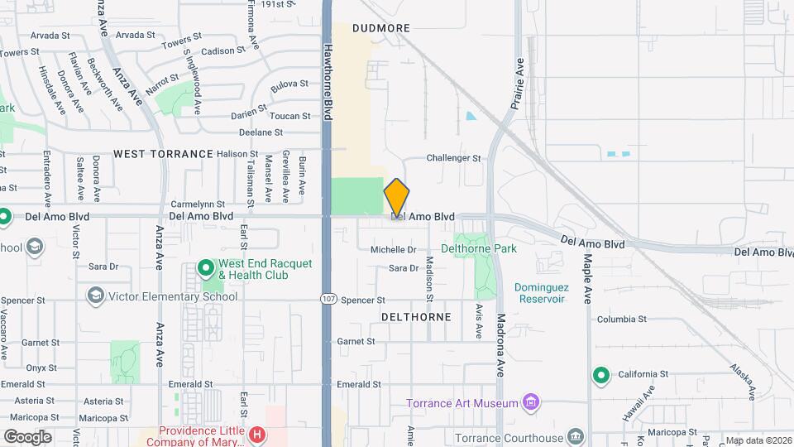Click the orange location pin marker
(397, 198)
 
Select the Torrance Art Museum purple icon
(533, 404)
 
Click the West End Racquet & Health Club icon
(205, 269)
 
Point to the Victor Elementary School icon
(95, 296)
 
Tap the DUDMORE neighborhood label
(380, 28)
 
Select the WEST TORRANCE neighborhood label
(163, 154)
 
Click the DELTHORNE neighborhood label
(416, 317)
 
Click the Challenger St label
(453, 158)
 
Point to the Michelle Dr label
(393, 249)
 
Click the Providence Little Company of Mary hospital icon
(258, 434)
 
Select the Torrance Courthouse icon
(576, 437)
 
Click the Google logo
(27, 436)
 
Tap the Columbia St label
(621, 320)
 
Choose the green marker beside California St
(600, 376)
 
